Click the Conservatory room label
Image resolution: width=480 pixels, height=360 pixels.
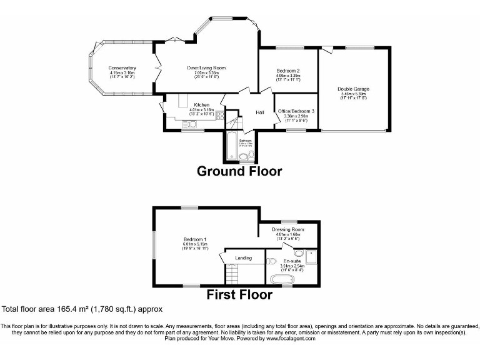tap(122, 67)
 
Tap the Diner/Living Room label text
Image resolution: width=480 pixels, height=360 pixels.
tap(206, 67)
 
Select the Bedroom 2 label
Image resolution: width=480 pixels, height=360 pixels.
tap(288, 71)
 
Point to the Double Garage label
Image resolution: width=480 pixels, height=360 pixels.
tap(353, 89)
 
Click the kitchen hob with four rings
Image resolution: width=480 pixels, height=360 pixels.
tap(219, 115)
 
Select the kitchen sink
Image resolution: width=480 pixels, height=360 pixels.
tap(189, 124)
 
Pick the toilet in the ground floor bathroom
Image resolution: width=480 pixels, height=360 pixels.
tap(251, 155)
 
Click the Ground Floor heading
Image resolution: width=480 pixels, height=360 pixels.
tap(239, 171)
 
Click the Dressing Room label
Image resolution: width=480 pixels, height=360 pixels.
tap(288, 229)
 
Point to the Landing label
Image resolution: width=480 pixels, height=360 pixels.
tap(243, 257)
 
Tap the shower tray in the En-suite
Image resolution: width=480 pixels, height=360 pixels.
tap(311, 256)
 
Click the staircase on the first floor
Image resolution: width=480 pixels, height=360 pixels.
tap(234, 274)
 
